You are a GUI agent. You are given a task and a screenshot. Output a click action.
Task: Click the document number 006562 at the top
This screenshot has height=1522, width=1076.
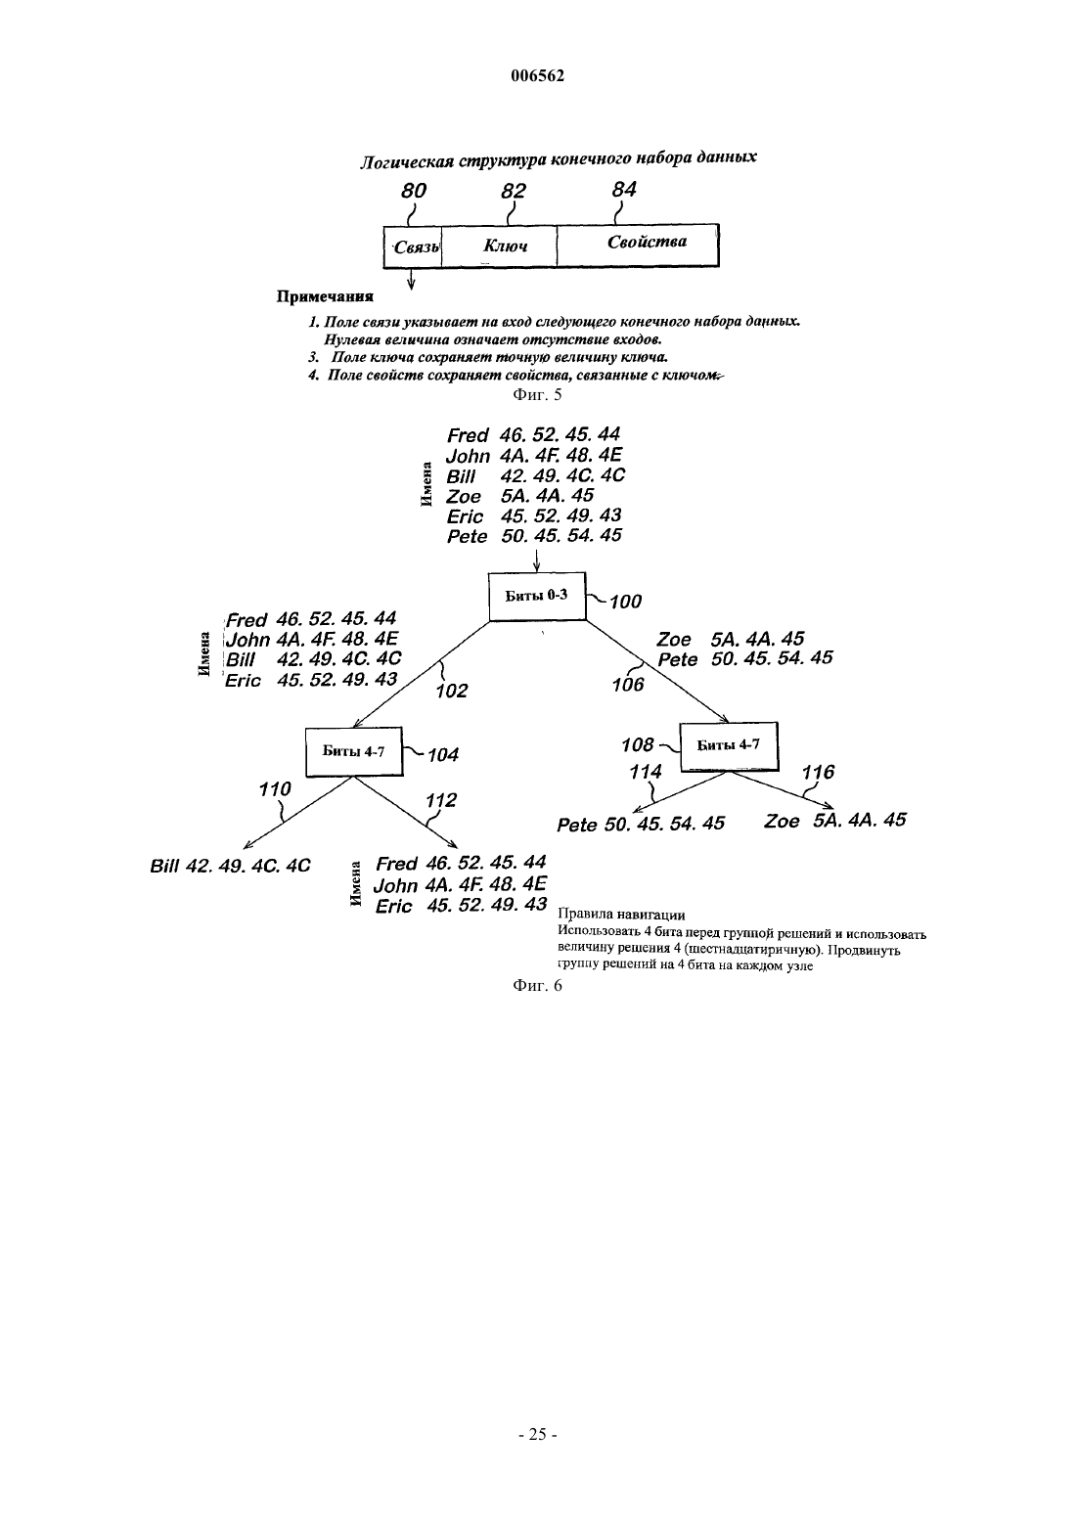coord(537,76)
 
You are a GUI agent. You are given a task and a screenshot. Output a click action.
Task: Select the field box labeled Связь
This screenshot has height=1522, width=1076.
coord(413,246)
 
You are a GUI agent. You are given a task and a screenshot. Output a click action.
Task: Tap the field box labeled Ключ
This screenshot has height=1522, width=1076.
coord(499,246)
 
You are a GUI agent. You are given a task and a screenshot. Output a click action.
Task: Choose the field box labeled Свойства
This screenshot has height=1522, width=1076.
coord(638,245)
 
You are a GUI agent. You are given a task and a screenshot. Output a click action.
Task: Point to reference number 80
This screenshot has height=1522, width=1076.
coord(414,191)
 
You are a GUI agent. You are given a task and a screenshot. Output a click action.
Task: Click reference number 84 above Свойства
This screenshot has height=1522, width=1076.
coord(624,190)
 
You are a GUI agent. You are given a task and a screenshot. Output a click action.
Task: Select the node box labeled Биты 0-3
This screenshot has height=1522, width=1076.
coord(537,596)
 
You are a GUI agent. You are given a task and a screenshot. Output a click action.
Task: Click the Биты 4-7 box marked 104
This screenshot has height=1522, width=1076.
coord(354,751)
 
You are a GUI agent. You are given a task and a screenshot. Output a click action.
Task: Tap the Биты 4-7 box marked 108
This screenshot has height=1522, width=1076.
coord(729,746)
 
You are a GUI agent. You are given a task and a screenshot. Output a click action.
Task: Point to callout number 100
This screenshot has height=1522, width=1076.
coord(626,602)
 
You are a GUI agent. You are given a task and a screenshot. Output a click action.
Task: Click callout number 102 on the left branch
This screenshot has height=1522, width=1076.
coord(452,691)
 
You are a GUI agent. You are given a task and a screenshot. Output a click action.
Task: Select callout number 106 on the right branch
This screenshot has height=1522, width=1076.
coord(628,685)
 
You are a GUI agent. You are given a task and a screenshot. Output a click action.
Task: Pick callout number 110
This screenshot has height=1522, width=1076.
coord(275,788)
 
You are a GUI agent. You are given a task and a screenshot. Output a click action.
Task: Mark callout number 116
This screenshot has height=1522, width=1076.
coord(818,772)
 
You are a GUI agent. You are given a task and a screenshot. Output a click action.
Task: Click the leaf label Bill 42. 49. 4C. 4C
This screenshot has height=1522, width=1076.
coord(230,866)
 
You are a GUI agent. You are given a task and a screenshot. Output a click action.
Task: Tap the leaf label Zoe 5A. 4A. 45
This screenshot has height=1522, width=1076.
coord(834,820)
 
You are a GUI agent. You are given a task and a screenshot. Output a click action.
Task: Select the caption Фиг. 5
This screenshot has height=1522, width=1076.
coord(537,395)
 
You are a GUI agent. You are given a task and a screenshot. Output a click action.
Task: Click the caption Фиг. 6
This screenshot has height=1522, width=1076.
coord(537,986)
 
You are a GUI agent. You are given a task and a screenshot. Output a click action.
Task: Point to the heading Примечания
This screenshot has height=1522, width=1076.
coord(325,297)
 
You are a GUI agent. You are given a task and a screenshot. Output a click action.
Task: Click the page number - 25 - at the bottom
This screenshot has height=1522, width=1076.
coord(537,1434)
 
